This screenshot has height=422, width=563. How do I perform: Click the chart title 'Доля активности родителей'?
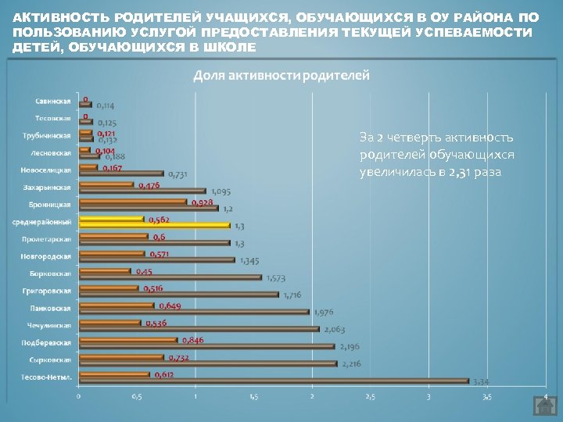click(281, 75)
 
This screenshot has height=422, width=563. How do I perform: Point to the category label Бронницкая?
click(52, 205)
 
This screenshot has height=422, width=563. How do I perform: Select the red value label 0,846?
click(192, 340)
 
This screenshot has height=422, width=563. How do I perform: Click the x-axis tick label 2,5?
click(370, 396)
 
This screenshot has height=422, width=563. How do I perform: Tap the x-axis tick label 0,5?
click(137, 396)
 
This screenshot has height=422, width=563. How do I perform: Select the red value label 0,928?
click(201, 202)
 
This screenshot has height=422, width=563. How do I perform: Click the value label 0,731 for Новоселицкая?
click(178, 173)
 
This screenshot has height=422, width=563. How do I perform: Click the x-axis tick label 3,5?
click(486, 396)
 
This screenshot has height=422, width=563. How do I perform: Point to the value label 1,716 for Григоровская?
click(293, 295)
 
